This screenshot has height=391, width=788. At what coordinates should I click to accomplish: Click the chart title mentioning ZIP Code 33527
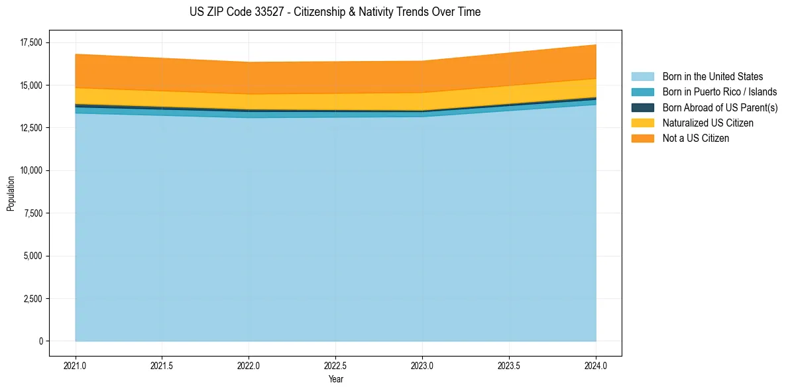[x=335, y=12]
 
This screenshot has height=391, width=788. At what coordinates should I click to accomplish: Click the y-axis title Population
[x=11, y=194]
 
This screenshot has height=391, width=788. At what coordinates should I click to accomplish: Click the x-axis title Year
[x=335, y=380]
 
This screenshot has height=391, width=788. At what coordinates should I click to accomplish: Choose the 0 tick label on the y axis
[x=40, y=341]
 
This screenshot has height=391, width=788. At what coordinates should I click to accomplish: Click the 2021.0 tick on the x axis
[x=76, y=365]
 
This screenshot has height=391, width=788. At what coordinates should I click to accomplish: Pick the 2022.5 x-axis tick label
[x=335, y=365]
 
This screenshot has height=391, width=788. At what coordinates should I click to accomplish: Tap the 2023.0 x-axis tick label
[x=422, y=365]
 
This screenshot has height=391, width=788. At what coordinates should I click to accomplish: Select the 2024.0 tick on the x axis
[x=596, y=365]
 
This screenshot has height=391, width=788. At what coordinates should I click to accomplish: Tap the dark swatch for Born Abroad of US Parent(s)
[x=642, y=107]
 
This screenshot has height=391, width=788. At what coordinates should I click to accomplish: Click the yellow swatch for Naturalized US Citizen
[x=642, y=123]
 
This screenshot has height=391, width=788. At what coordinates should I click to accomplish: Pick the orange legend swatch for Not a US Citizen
[x=642, y=139]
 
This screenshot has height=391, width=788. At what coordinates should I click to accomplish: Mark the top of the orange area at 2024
[x=596, y=45]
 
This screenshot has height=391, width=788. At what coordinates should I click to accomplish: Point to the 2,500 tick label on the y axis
[x=30, y=298]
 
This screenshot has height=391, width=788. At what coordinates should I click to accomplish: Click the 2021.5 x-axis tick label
[x=162, y=365]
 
